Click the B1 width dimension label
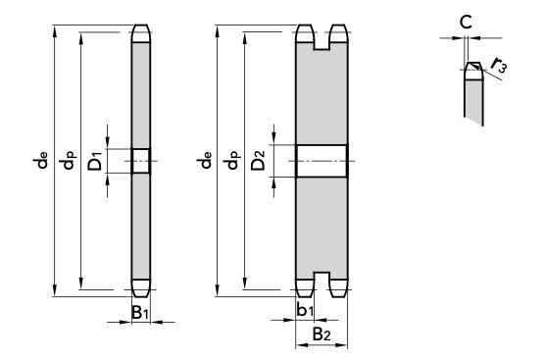(140, 312)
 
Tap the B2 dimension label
(322, 334)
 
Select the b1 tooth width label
(305, 310)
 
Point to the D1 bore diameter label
(95, 161)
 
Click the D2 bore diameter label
(258, 160)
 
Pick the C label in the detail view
(466, 23)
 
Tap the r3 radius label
(498, 66)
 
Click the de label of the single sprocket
(40, 160)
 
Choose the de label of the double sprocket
(204, 160)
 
